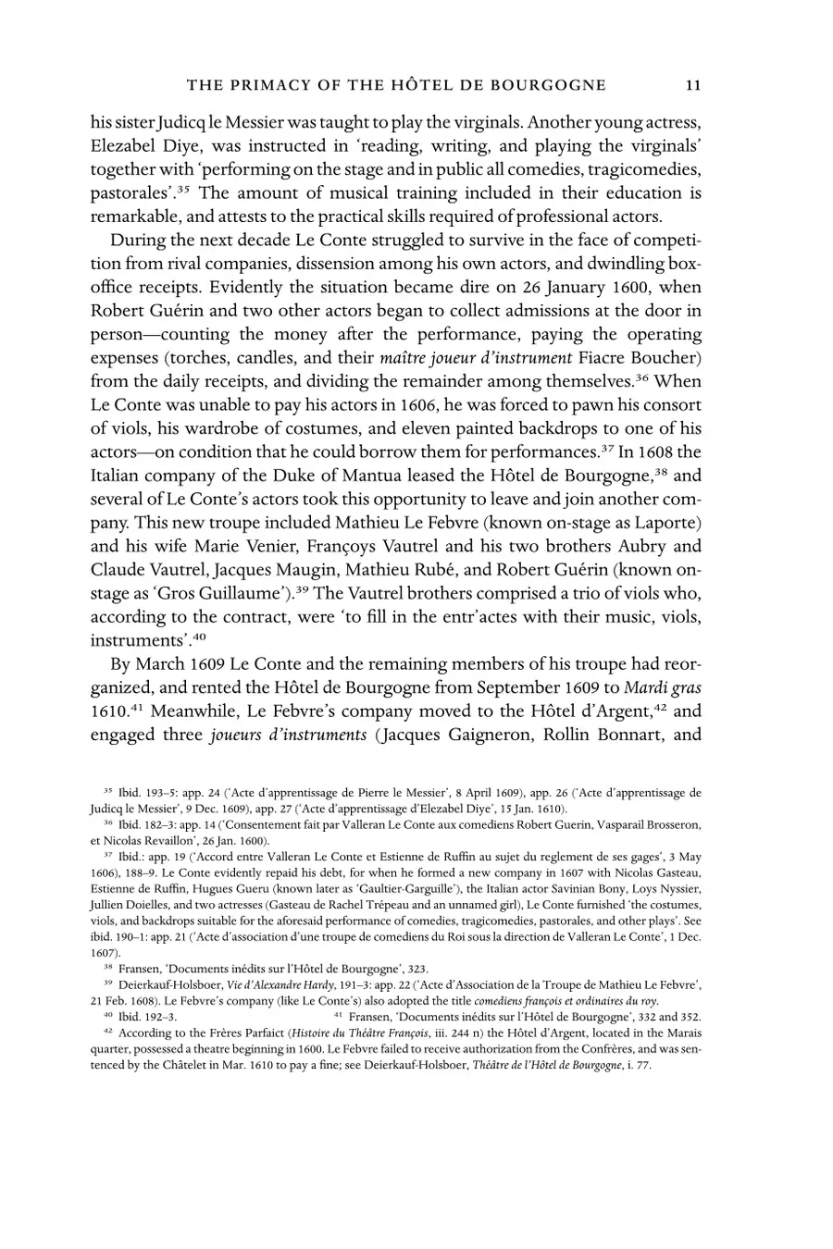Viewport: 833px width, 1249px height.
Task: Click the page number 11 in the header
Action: pos(693,86)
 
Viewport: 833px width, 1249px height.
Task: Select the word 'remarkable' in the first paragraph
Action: pos(135,218)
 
